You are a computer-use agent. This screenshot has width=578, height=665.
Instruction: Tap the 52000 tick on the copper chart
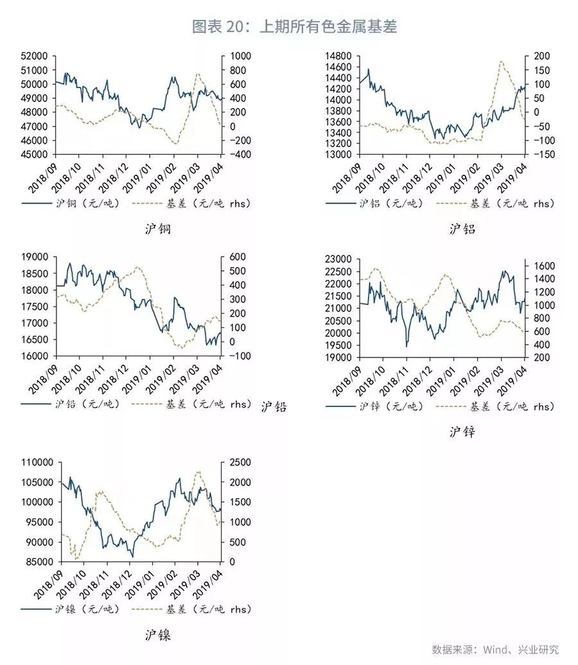[x=36, y=56]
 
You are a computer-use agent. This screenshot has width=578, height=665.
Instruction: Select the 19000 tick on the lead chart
[x=36, y=257]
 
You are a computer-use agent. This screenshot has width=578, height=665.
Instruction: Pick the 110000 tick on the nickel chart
[x=34, y=462]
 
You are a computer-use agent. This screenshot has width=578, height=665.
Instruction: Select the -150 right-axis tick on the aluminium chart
[x=539, y=155]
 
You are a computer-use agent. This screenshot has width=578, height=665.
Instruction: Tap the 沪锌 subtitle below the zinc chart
[x=462, y=431]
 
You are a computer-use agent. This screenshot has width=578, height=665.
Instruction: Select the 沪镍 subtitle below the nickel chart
[x=158, y=636]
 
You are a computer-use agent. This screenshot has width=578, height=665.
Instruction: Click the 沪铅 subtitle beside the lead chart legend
[x=274, y=406]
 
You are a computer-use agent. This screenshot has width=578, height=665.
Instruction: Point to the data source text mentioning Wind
[x=495, y=649]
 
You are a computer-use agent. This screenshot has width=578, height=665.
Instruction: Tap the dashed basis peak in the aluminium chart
[x=501, y=62]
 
